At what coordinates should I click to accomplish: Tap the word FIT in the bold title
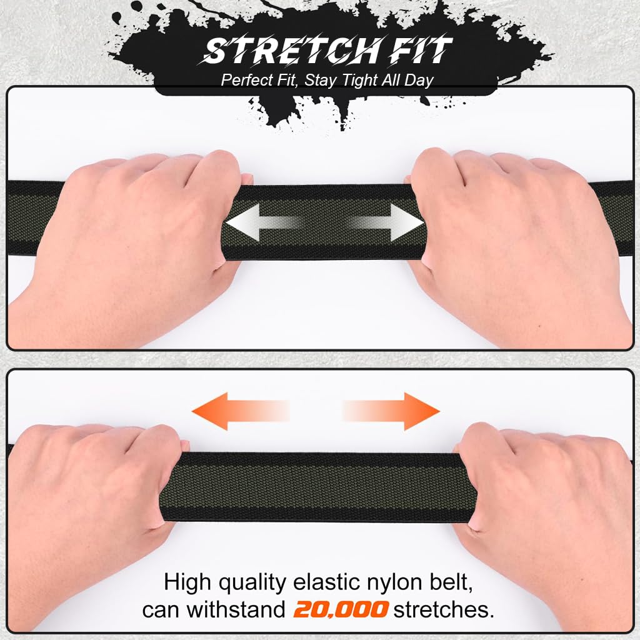[421, 51]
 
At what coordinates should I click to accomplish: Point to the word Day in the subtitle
[419, 81]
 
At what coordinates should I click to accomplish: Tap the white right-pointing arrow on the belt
[386, 222]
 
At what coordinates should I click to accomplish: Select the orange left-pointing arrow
[241, 411]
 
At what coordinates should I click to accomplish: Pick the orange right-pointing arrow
[391, 411]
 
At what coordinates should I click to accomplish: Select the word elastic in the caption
[327, 582]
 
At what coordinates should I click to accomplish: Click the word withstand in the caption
[236, 609]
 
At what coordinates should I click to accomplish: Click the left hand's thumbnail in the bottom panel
[184, 445]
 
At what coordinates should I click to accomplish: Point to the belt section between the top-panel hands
[324, 222]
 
